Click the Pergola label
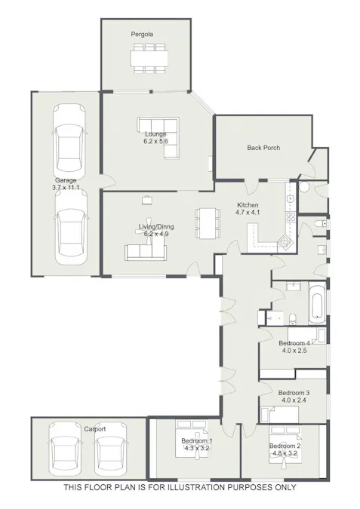(141, 35)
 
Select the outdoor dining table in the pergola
(148, 58)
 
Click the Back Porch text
(263, 148)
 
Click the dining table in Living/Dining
(206, 222)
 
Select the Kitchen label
(248, 205)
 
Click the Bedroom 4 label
(294, 343)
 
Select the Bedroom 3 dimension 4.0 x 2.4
(294, 400)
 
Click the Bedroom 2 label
(285, 446)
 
